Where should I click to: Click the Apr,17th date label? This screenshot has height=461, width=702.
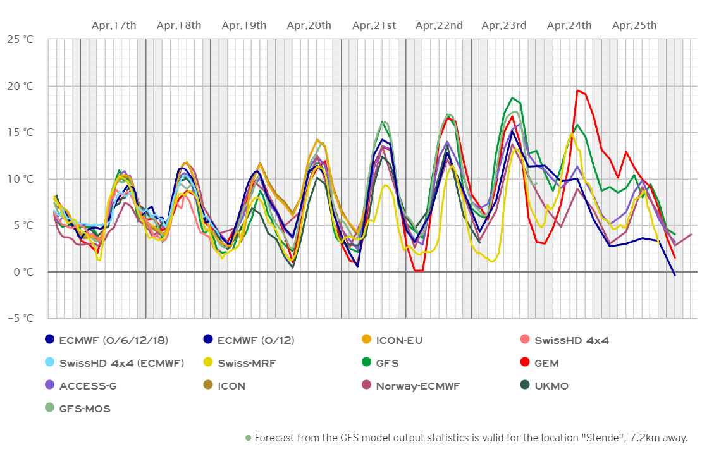tap(114, 25)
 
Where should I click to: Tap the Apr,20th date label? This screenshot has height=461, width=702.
tap(309, 25)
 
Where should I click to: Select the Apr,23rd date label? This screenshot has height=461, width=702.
tap(504, 25)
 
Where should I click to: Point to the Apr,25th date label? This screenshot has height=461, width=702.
tap(634, 25)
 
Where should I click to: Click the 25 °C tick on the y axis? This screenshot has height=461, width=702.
tap(20, 39)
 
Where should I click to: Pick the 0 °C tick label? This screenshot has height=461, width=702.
tap(23, 272)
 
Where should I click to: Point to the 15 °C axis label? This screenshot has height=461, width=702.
tap(20, 132)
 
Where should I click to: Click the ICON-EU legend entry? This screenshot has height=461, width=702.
tap(398, 340)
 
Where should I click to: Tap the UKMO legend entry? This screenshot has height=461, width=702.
tap(549, 386)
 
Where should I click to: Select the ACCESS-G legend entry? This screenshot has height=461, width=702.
tap(88, 386)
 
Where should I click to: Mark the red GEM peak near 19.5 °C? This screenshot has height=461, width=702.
tap(577, 90)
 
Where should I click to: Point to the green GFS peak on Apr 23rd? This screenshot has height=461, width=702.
tap(512, 98)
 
